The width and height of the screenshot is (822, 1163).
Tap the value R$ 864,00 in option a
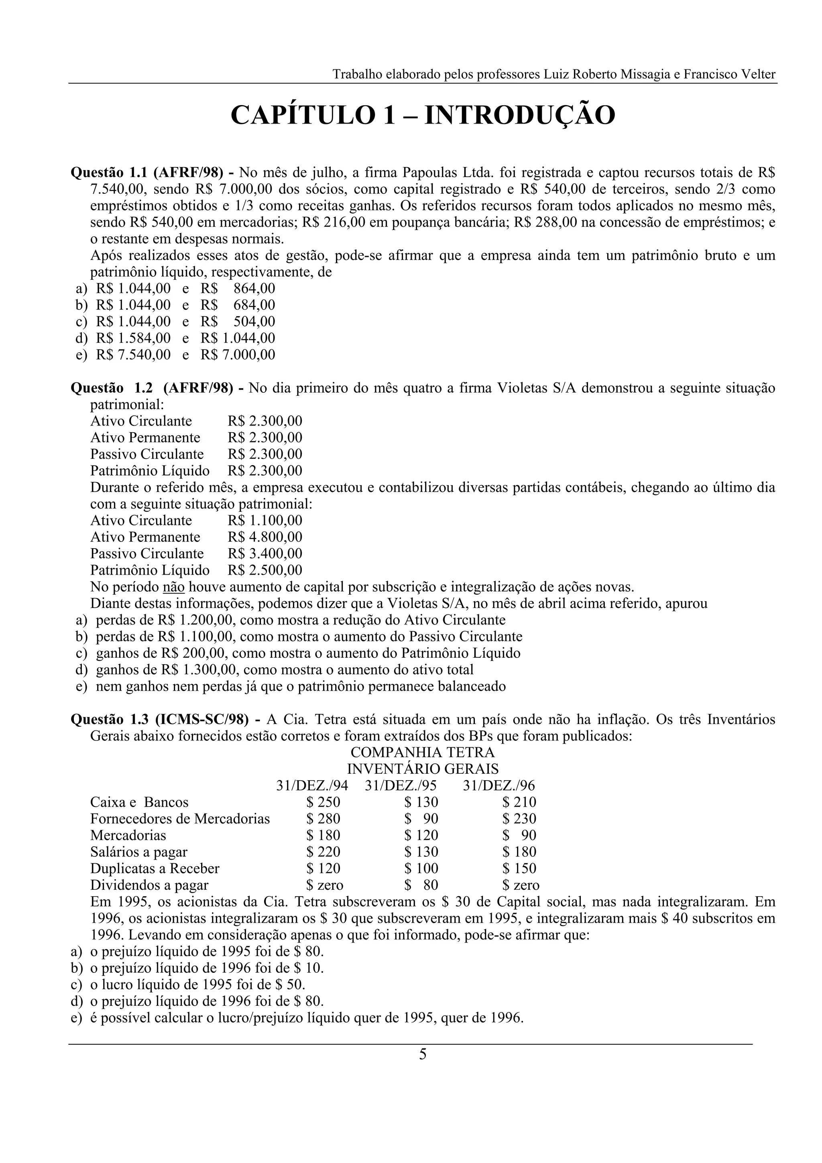pos(238,289)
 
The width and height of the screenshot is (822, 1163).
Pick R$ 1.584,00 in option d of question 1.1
pos(133,338)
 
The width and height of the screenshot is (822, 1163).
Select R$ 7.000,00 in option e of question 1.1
pos(238,355)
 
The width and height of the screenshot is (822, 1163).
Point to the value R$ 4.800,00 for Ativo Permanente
pos(265,537)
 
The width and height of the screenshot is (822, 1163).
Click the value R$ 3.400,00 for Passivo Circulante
pos(265,554)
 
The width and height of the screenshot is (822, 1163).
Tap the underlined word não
pos(173,587)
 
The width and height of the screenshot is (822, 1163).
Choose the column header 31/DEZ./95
pos(400,786)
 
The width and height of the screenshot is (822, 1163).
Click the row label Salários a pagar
pos(139,852)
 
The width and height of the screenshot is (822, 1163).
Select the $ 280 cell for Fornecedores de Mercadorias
pos(323,819)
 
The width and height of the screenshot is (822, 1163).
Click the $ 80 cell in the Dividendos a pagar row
pos(421,885)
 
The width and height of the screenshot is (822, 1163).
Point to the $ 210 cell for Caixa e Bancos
pos(519,802)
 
